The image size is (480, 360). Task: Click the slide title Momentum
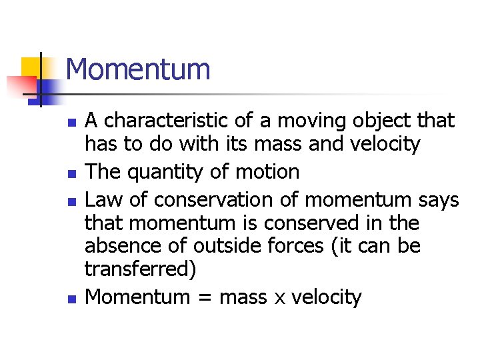click(x=138, y=69)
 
